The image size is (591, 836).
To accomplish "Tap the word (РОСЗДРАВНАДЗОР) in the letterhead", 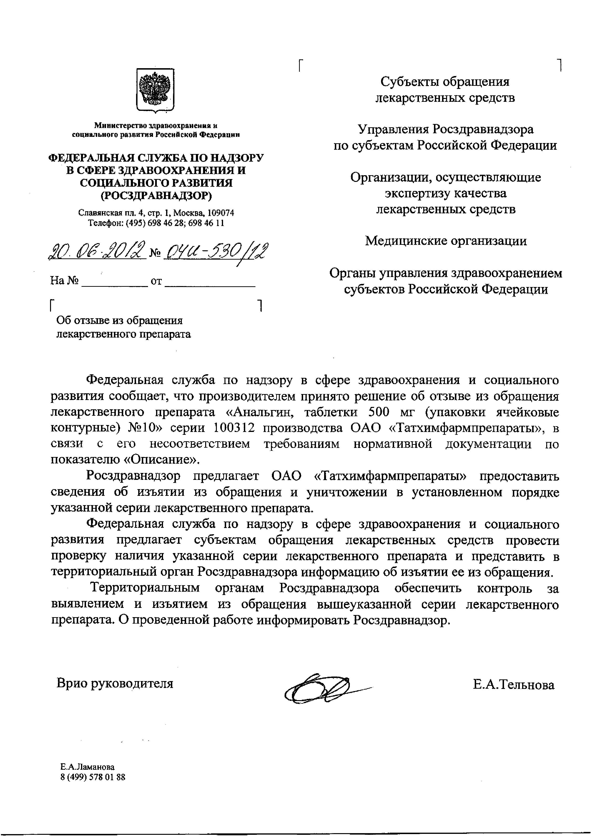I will [156, 195].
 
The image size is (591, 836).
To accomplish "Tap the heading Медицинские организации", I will [446, 241].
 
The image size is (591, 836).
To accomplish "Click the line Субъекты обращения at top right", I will [445, 82].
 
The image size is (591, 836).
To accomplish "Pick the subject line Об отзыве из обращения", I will [119, 320].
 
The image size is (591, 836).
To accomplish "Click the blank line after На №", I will [115, 282].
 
